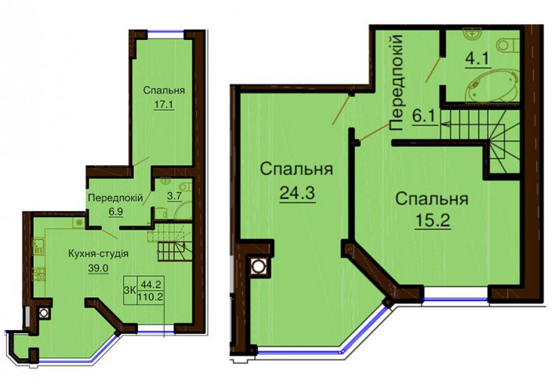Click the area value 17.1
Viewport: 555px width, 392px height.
164,105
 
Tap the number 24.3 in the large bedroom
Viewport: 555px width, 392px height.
297,194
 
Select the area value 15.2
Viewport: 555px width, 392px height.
433,221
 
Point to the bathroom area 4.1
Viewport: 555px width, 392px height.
478,60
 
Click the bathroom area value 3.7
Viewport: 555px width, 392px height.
174,196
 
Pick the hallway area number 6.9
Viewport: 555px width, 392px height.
115,212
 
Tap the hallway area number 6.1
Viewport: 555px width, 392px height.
423,117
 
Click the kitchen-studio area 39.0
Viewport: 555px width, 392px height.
98,268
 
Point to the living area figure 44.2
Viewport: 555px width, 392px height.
151,284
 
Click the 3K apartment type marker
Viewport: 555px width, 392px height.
129,290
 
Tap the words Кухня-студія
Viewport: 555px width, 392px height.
98,254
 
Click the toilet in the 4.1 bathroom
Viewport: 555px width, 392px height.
508,45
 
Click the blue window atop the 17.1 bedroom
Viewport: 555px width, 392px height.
165,33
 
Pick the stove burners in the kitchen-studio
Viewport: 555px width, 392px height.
39,274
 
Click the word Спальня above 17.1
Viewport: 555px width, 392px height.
164,90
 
